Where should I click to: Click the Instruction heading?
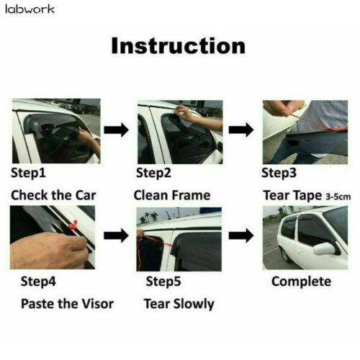[178, 45]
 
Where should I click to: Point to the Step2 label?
[153, 173]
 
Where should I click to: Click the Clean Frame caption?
[172, 195]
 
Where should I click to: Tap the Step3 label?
[278, 173]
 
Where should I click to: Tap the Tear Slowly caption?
[179, 303]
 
